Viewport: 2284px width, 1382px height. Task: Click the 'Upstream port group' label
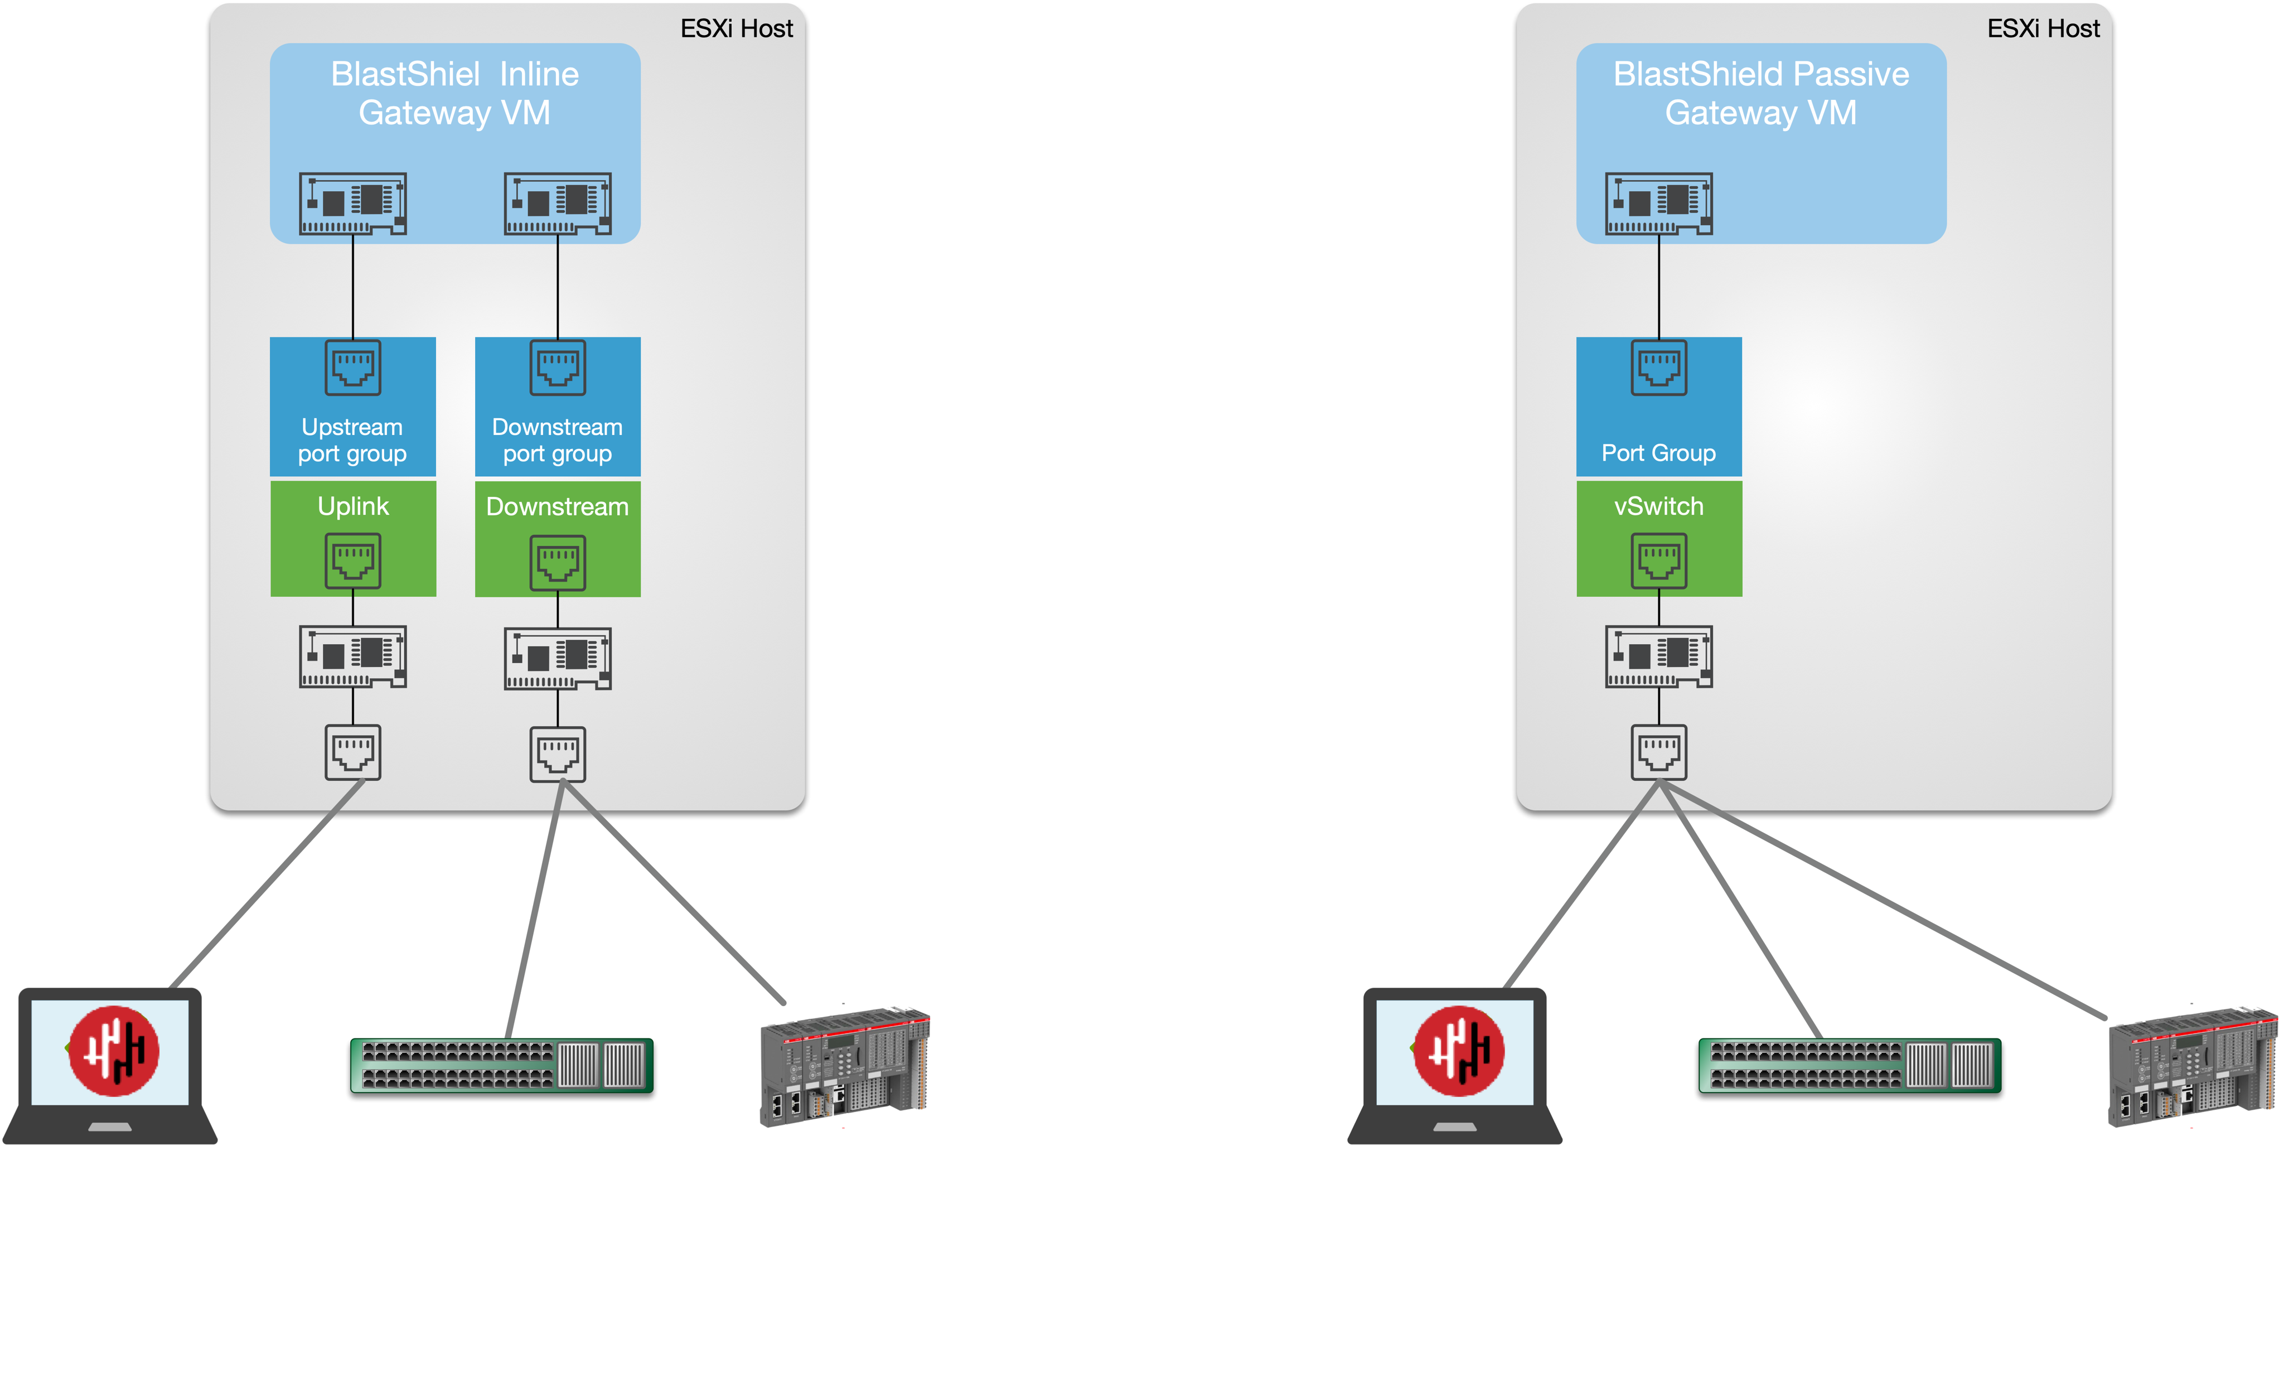[352, 440]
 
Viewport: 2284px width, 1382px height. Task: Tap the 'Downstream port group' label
[557, 440]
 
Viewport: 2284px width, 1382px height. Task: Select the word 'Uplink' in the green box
[353, 506]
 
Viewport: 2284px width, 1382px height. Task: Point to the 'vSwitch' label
[1658, 506]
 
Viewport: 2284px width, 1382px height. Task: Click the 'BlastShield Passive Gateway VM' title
[1760, 93]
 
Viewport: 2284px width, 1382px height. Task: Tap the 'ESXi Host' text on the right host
[2043, 29]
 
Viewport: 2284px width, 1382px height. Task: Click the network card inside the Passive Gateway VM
[1658, 203]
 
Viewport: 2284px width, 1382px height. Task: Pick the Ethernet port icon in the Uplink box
[353, 560]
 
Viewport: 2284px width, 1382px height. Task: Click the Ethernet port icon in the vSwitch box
[1658, 560]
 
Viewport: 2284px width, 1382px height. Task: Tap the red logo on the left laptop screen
[114, 1051]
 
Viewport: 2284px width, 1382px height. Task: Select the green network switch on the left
[501, 1065]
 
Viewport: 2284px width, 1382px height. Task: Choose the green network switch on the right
[1849, 1065]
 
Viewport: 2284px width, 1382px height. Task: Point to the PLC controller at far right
[2192, 1066]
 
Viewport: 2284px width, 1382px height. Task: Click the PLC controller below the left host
[844, 1066]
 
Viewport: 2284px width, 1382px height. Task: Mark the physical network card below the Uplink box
[353, 656]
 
